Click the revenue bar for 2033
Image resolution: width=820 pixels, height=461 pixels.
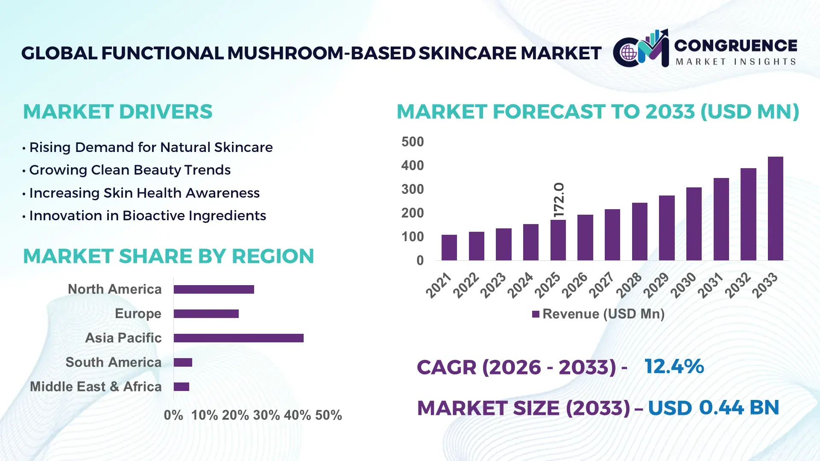(775, 209)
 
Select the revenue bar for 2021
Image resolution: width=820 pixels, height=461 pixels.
(449, 248)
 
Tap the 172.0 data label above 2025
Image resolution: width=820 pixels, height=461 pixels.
(559, 200)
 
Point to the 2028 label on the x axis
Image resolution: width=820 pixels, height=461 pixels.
(629, 285)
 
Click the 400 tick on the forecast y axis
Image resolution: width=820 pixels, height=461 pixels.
(412, 166)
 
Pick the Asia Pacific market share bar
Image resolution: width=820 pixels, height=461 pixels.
(238, 338)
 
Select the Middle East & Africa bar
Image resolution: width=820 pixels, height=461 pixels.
(182, 387)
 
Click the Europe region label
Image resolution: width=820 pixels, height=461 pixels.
(138, 314)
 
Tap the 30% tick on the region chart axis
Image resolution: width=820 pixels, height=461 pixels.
(266, 415)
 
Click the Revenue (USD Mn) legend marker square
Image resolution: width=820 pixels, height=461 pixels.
(536, 315)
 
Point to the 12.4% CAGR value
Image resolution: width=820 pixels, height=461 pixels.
(674, 367)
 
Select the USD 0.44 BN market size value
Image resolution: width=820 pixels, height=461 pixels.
(713, 408)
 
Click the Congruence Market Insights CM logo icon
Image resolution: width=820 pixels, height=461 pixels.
(641, 49)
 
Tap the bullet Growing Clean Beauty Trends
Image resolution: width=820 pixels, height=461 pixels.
(129, 170)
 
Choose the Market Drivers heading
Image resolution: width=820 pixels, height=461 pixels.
(117, 112)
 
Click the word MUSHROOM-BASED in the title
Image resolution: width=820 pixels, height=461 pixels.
(321, 53)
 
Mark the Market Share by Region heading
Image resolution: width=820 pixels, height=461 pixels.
(168, 256)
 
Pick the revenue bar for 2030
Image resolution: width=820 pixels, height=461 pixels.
(694, 224)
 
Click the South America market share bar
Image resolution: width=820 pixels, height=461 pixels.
(183, 362)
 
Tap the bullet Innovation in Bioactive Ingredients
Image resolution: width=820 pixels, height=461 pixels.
(147, 216)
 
